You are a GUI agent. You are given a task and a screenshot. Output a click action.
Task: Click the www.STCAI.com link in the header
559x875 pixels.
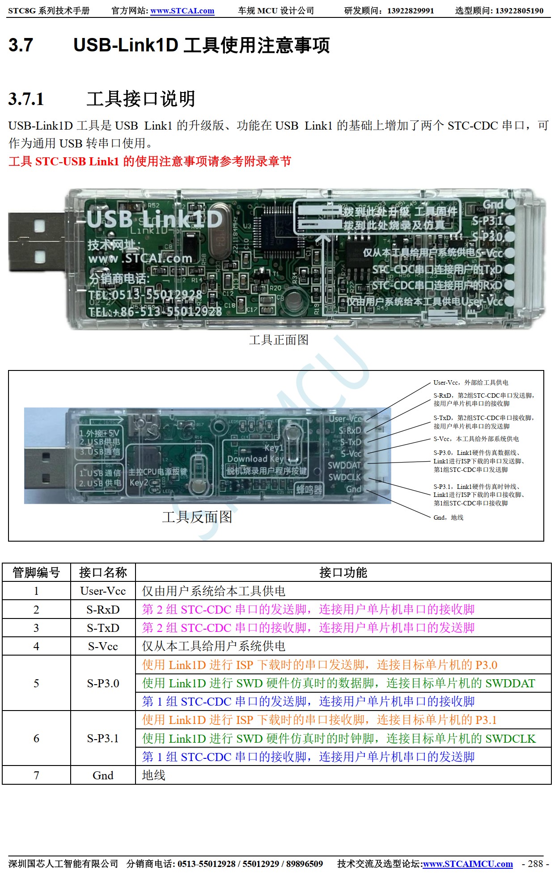click(x=182, y=11)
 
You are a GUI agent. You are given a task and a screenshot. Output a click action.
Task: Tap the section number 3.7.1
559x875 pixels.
click(x=26, y=99)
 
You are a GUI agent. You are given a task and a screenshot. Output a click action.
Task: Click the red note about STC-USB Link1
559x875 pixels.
click(x=149, y=161)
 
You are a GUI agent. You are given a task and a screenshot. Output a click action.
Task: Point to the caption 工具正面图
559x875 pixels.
click(x=279, y=340)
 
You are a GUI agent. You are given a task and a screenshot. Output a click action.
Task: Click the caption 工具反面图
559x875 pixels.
click(x=197, y=517)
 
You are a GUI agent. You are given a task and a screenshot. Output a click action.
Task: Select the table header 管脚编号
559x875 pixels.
click(x=36, y=572)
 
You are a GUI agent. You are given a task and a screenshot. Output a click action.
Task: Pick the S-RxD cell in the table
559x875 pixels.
click(x=103, y=610)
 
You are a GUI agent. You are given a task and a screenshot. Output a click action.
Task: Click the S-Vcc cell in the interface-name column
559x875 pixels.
click(x=103, y=646)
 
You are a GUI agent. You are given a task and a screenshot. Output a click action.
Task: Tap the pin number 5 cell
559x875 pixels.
click(x=36, y=683)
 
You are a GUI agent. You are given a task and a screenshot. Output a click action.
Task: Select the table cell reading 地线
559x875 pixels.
click(x=153, y=775)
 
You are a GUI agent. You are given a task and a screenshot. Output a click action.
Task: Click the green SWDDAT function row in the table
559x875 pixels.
click(x=338, y=683)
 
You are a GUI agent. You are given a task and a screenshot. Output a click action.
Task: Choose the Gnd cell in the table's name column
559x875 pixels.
click(x=103, y=775)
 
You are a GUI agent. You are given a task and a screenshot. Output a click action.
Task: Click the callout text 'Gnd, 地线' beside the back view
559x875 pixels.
click(x=448, y=517)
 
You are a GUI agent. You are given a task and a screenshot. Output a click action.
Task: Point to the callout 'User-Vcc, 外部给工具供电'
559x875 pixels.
click(x=470, y=383)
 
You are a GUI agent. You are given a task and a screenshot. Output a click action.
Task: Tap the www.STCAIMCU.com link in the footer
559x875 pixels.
click(x=468, y=864)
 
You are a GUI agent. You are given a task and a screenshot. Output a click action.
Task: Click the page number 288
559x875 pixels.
click(x=535, y=864)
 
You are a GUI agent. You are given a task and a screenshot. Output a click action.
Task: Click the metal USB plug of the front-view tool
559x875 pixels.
click(x=36, y=242)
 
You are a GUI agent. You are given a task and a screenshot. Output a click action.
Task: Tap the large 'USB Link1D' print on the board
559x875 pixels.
click(x=154, y=219)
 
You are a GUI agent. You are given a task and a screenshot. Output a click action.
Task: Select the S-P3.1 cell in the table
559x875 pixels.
click(x=103, y=738)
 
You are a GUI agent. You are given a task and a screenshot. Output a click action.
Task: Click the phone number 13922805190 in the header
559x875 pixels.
click(x=519, y=11)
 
